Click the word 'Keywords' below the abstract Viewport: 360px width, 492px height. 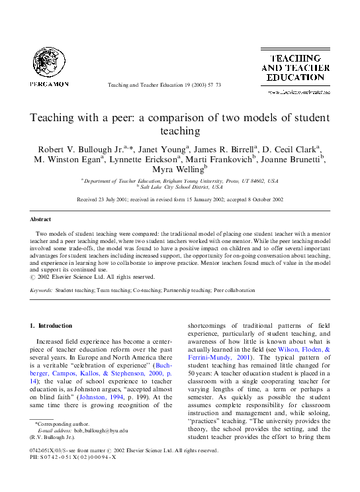[x=41, y=290]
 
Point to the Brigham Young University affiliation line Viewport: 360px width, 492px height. [x=179, y=181]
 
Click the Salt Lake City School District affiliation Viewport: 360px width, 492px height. [x=179, y=188]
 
